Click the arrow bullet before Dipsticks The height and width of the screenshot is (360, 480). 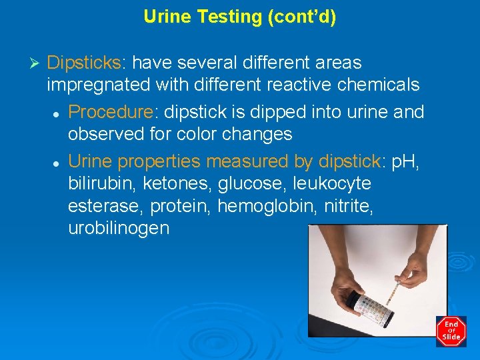point(37,63)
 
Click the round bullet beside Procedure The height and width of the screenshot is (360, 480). point(57,112)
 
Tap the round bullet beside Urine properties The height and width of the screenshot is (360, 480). point(57,161)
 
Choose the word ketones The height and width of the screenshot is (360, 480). point(173,183)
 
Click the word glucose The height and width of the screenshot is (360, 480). point(246,183)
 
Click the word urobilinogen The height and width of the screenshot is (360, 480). point(119,228)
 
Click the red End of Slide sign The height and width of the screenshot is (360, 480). point(451,331)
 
